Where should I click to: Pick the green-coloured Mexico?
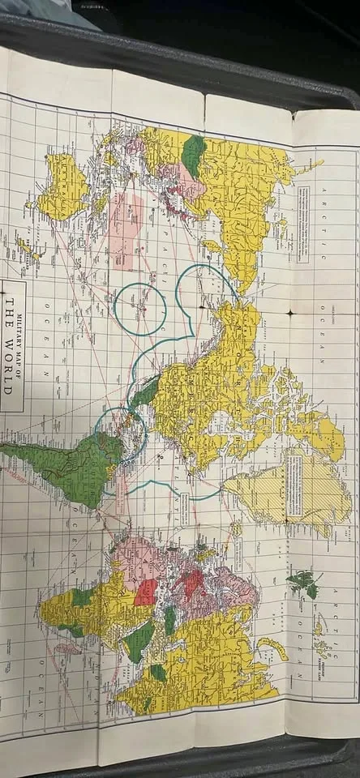coord(145,394)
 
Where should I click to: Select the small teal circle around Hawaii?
coord(139,309)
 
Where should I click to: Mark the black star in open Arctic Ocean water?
coord(289,312)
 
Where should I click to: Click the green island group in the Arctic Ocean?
coord(302,583)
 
